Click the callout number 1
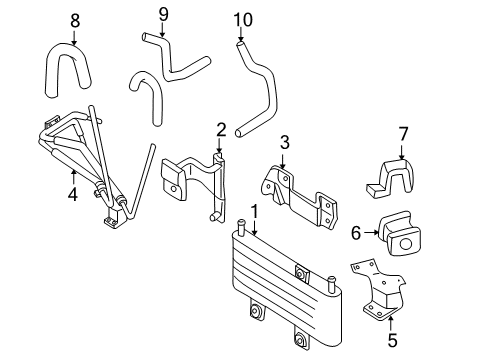click(x=254, y=211)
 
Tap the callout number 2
click(x=221, y=130)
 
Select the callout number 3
click(x=284, y=142)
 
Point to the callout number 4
click(x=73, y=194)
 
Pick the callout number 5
click(x=392, y=340)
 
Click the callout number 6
click(x=356, y=233)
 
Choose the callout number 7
click(x=403, y=134)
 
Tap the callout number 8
click(x=75, y=21)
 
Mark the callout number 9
click(x=163, y=14)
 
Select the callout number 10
click(x=243, y=20)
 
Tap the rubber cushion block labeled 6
click(x=399, y=233)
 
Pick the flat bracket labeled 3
click(x=298, y=197)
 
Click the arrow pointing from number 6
click(x=371, y=233)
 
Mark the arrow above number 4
click(x=73, y=177)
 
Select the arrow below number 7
click(x=402, y=151)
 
